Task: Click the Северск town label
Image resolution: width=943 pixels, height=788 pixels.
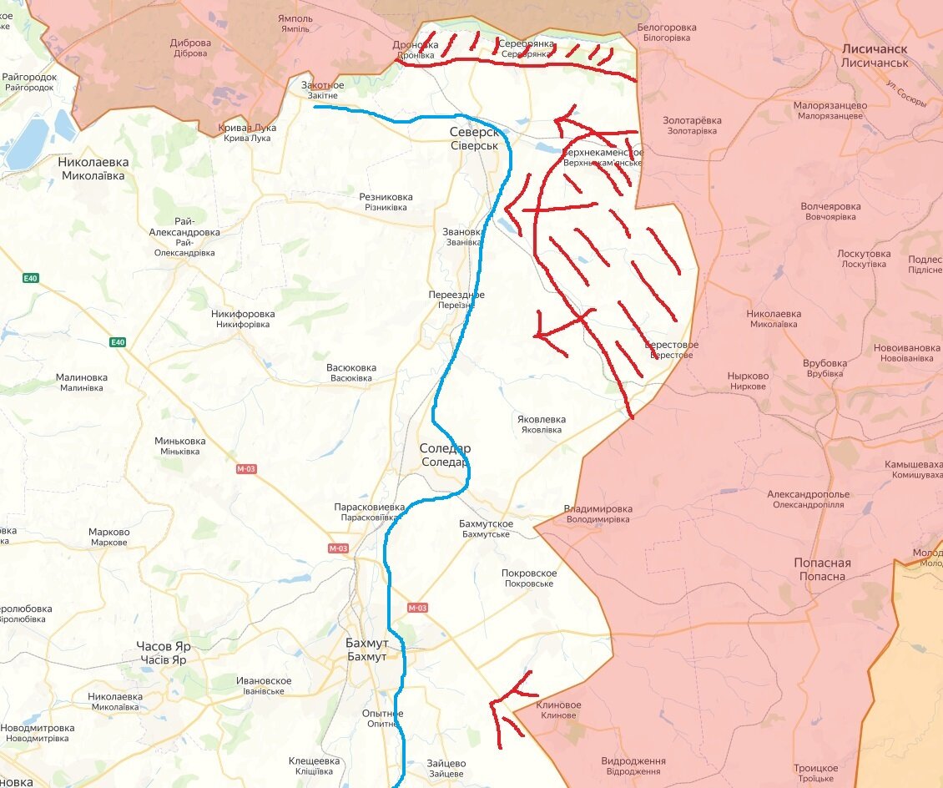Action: pos(473,139)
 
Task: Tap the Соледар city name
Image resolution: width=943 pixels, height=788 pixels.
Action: pos(445,455)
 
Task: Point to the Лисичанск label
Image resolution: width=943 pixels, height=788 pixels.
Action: pos(874,56)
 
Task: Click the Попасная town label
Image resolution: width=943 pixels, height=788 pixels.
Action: pos(822,569)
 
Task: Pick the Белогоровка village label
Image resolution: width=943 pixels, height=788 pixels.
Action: pos(666,33)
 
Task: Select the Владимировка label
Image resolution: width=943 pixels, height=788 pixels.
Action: pos(598,513)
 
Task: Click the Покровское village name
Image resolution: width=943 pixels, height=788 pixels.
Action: pos(529,578)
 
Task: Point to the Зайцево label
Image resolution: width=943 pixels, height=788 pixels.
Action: pos(446,768)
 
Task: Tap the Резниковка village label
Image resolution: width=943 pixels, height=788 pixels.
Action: pos(385,201)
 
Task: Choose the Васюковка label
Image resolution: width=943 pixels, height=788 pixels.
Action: pos(351,372)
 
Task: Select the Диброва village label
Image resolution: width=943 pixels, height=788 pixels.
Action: pos(190,48)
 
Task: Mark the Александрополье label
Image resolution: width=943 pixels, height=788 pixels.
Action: pos(808,499)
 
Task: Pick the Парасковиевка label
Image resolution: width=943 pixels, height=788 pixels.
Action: pos(369,512)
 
